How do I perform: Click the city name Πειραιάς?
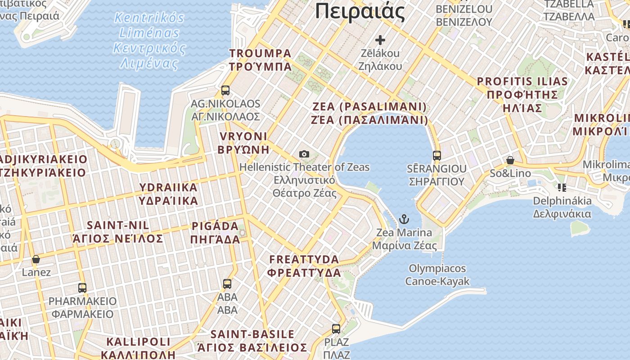tap(360, 11)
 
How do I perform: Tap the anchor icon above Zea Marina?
tap(404, 220)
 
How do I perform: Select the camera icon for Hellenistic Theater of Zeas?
tap(304, 154)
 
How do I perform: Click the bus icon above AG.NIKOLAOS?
tap(225, 90)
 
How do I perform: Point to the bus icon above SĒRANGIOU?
tap(436, 156)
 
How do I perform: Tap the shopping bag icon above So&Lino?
tap(510, 160)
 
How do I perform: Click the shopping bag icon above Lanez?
tap(36, 259)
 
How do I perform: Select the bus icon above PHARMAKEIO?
tap(82, 288)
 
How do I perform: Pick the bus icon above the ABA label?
tap(227, 284)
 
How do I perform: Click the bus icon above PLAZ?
tap(336, 329)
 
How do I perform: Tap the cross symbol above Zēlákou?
tap(380, 40)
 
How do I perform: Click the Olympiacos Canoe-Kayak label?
tap(437, 275)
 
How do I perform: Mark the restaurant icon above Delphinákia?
tap(562, 187)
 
